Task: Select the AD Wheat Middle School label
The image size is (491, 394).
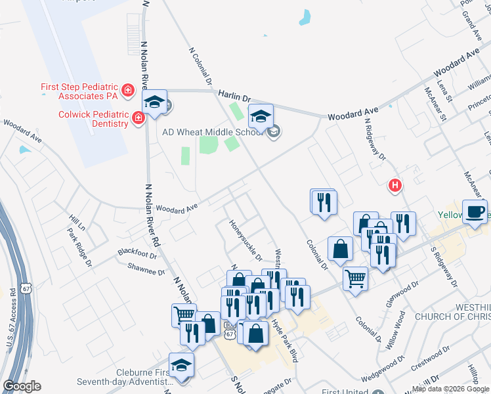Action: click(215, 131)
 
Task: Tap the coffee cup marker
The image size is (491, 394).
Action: click(476, 212)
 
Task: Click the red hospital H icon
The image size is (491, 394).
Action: click(395, 186)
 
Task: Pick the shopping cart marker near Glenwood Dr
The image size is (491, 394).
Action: click(355, 278)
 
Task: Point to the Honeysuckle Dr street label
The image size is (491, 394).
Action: click(245, 239)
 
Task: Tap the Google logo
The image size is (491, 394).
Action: click(22, 386)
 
